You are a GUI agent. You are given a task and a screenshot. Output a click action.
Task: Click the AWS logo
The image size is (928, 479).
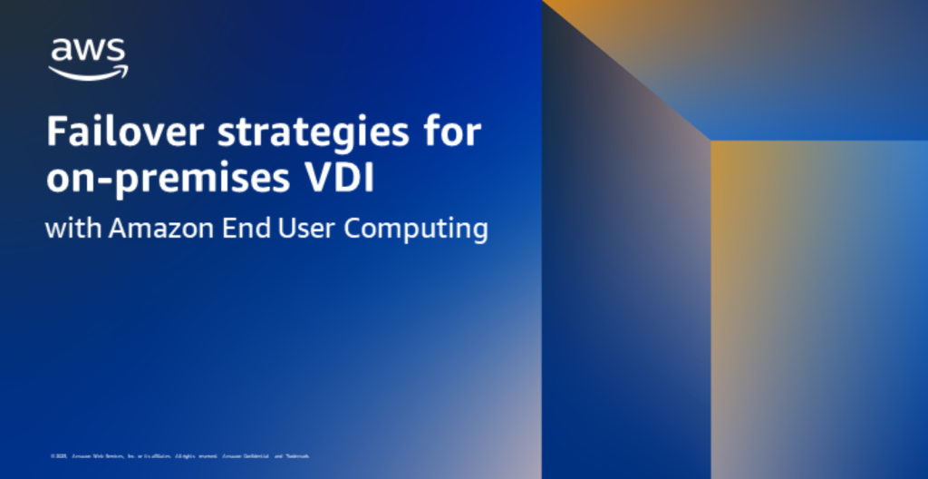click(x=88, y=59)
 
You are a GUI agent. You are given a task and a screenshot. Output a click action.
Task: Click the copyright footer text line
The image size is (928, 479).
click(x=180, y=455)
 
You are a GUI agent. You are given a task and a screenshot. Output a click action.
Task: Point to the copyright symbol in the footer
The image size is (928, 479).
click(x=53, y=455)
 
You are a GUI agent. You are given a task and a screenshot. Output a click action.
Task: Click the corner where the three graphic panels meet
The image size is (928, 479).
click(x=710, y=141)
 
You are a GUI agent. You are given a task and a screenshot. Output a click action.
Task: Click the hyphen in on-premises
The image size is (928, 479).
click(x=96, y=181)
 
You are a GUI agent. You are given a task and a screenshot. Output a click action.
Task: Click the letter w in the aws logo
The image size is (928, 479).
click(x=89, y=51)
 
